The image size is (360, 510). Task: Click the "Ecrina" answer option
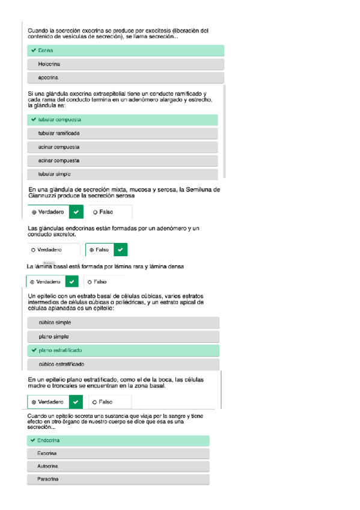[x=45, y=51]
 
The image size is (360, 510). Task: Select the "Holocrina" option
[x=49, y=64]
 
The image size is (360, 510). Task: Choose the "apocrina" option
[x=48, y=78]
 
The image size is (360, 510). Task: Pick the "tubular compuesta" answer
[x=59, y=120]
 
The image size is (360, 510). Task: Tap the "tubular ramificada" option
[x=59, y=133]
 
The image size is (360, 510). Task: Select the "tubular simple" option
[x=54, y=174]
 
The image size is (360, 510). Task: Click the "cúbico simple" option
[x=55, y=323]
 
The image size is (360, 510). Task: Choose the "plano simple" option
[x=53, y=337]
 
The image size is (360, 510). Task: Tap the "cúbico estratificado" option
[x=61, y=364]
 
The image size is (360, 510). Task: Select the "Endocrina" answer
[x=49, y=440]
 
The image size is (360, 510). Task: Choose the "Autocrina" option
[x=48, y=467]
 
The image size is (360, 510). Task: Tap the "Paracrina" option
[x=48, y=479]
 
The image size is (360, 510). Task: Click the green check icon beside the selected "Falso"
[x=121, y=250]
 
